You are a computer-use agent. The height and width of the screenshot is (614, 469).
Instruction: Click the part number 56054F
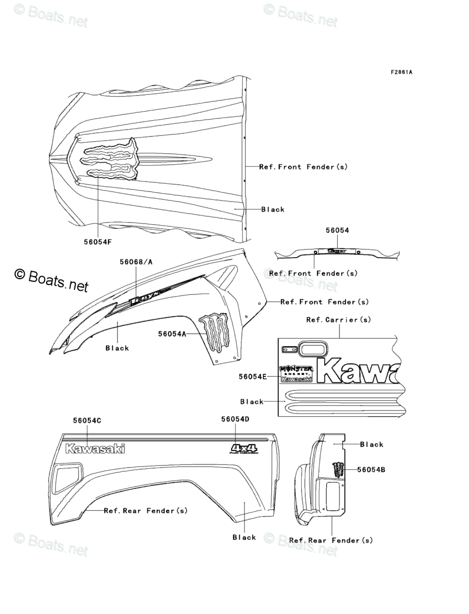[x=98, y=242]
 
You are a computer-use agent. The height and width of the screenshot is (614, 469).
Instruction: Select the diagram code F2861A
[x=401, y=72]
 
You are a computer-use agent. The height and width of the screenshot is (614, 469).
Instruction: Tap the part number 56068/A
[x=136, y=262]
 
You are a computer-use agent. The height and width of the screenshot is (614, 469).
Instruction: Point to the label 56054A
[x=173, y=333]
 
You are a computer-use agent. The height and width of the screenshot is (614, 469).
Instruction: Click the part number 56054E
[x=253, y=376]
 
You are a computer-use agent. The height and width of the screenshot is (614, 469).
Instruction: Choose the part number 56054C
[x=87, y=420]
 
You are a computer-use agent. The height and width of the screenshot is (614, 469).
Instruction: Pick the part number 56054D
[x=235, y=419]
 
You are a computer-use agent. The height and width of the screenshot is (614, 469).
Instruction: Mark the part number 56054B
[x=371, y=470]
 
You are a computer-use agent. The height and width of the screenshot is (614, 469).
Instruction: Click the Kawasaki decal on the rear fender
[x=95, y=449]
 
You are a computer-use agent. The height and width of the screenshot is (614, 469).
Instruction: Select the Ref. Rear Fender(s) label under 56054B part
[x=331, y=540]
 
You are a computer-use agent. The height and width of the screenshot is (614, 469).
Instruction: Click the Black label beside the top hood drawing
[x=273, y=209]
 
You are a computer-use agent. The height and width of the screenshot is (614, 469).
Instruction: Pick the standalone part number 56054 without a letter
[x=337, y=230]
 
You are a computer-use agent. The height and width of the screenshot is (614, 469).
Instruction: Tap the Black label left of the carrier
[x=252, y=402]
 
